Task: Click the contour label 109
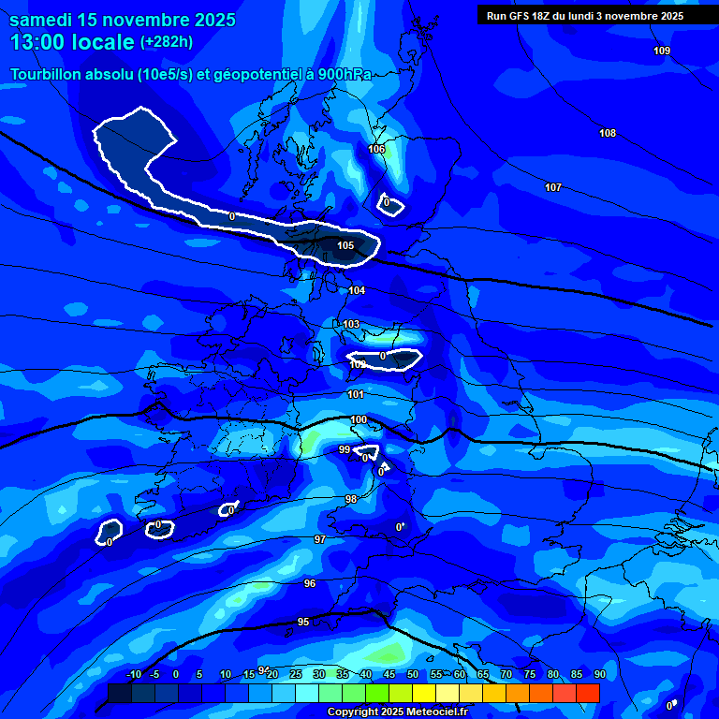click(x=662, y=51)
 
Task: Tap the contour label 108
click(x=608, y=133)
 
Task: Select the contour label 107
click(x=553, y=187)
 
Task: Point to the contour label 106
click(x=376, y=149)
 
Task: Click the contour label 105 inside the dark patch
click(x=345, y=245)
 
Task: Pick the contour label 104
click(x=357, y=290)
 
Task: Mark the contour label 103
click(x=351, y=324)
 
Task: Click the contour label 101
click(x=356, y=394)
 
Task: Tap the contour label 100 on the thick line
click(x=359, y=419)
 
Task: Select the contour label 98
click(x=351, y=499)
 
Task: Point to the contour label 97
click(x=320, y=539)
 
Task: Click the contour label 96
click(x=310, y=583)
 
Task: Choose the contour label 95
click(x=303, y=622)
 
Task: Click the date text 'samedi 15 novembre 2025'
click(x=123, y=20)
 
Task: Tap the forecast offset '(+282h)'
click(x=167, y=41)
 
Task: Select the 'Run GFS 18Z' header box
click(x=584, y=16)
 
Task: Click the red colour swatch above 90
click(x=587, y=693)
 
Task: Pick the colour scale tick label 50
click(x=413, y=674)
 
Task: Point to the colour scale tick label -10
click(x=134, y=674)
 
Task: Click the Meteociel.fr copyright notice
click(x=398, y=712)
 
